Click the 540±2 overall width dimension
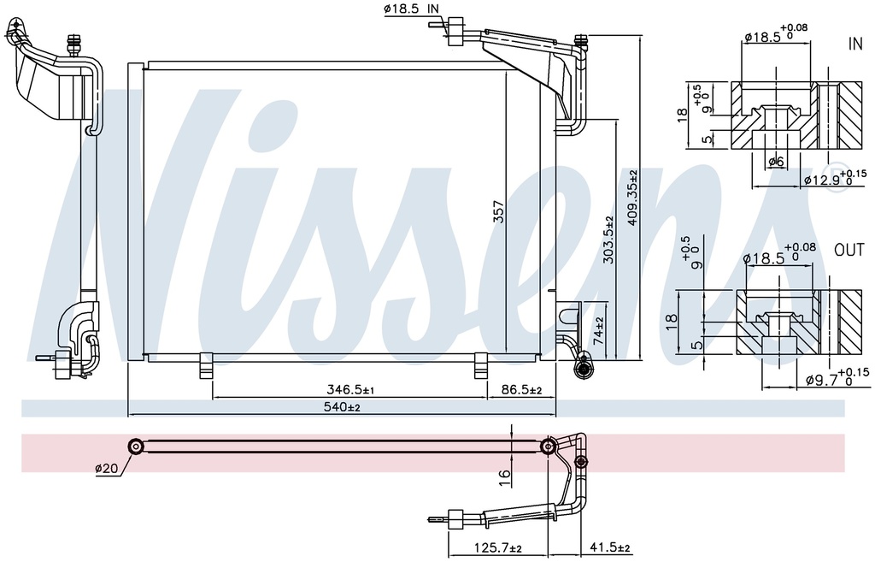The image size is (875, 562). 341,408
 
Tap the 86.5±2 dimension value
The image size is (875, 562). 520,389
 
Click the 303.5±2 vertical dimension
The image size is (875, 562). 608,239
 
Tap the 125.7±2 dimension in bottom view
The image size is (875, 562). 497,547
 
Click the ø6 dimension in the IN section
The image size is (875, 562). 776,161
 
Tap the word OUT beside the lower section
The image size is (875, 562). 849,251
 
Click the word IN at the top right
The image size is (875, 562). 854,43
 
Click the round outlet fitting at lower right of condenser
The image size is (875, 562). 584,369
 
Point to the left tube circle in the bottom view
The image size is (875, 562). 135,446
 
